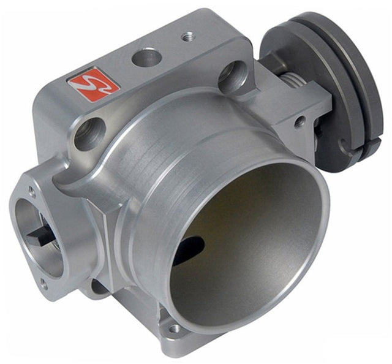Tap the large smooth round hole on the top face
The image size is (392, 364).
(x=147, y=58)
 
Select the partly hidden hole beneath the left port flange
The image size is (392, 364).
(x=98, y=286)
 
